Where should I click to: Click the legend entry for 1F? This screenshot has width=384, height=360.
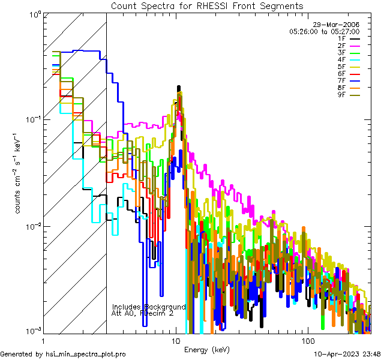coord(349,38)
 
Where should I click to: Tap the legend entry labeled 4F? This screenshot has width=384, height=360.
coord(349,59)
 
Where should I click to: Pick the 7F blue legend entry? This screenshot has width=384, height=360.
coord(349,80)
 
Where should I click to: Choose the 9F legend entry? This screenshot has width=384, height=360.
coord(349,95)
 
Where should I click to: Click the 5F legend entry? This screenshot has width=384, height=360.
coord(349,67)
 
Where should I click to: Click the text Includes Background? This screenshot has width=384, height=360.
coord(149,307)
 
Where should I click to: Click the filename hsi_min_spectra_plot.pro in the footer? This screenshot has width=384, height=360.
coord(86,354)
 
